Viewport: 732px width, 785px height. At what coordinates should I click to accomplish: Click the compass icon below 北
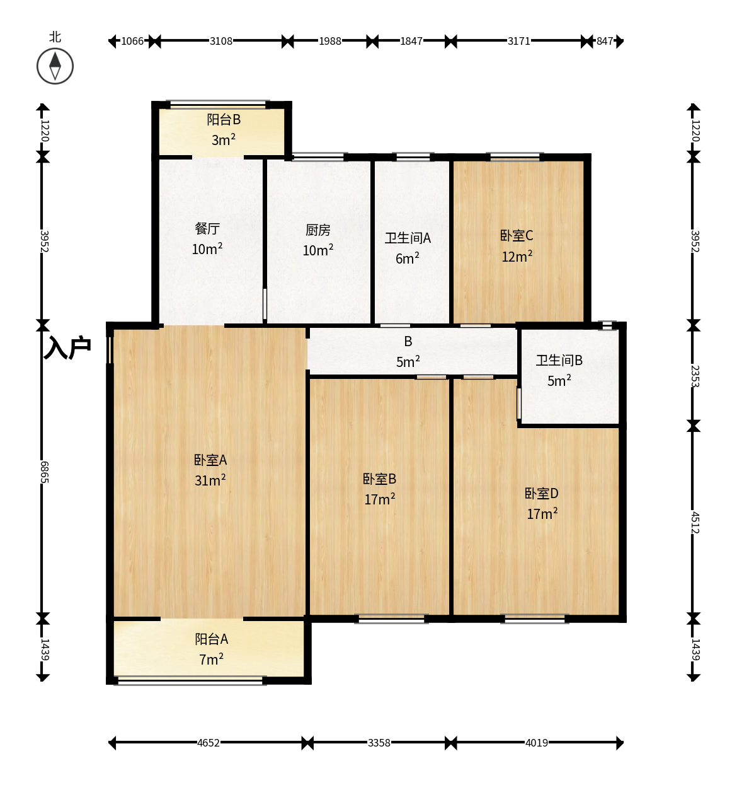(x=55, y=66)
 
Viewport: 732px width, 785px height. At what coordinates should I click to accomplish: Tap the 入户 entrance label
(x=67, y=347)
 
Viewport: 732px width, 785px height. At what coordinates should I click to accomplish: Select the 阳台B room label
(x=224, y=119)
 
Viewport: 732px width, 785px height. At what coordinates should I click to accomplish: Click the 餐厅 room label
(x=207, y=228)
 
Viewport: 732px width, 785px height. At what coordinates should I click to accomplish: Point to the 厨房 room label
(x=317, y=230)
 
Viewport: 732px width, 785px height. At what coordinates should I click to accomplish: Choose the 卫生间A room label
(x=408, y=238)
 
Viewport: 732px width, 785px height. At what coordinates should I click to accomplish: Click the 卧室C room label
(x=517, y=236)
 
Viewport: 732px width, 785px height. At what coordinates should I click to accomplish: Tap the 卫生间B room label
(x=559, y=360)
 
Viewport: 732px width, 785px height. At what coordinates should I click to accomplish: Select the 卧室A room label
(x=210, y=460)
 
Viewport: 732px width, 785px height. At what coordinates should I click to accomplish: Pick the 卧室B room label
(x=379, y=479)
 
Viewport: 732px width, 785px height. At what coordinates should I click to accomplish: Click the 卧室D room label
(x=541, y=493)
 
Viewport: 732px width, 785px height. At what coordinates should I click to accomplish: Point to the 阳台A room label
(x=211, y=639)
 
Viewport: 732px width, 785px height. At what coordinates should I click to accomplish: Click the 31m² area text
(x=210, y=480)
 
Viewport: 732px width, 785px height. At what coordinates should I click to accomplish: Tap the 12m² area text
(x=517, y=256)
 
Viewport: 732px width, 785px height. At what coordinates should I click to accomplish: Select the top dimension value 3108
(x=221, y=41)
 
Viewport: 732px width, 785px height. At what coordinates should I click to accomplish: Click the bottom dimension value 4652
(x=208, y=743)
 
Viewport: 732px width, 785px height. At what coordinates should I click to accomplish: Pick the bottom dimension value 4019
(x=537, y=743)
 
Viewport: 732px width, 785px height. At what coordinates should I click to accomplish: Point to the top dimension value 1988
(x=330, y=41)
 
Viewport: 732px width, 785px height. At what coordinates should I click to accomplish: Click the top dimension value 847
(x=604, y=41)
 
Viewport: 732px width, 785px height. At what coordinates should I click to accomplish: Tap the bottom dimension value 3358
(x=379, y=743)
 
